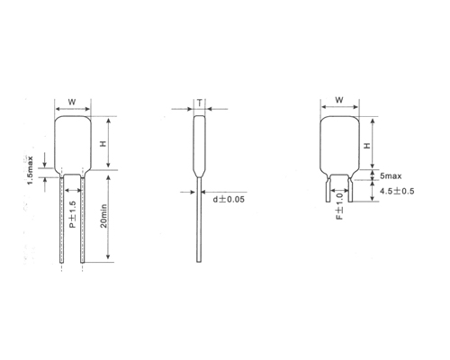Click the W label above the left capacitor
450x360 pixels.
coord(72,101)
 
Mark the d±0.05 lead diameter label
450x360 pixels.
coord(231,197)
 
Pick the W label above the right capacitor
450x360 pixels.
coord(339,101)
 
